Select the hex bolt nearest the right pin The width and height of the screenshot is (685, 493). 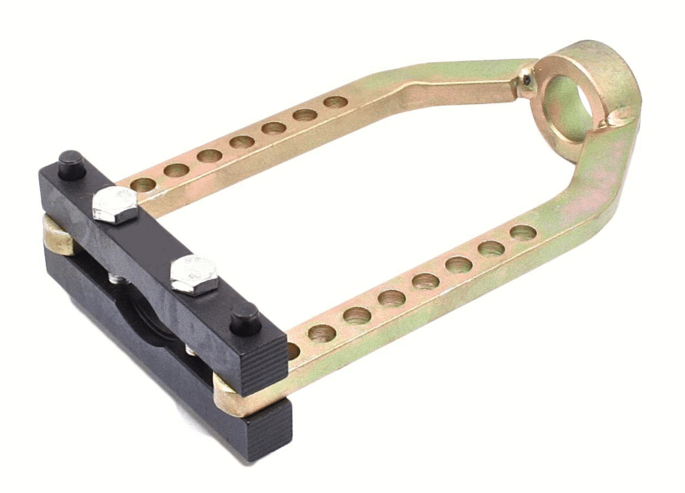pyautogui.click(x=194, y=274)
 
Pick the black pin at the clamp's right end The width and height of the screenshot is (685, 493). pyautogui.click(x=244, y=319)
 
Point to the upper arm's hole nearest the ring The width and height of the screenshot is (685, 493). pyautogui.click(x=335, y=103)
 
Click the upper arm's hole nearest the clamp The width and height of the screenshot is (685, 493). pyautogui.click(x=144, y=184)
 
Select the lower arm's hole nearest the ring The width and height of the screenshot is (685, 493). pyautogui.click(x=523, y=233)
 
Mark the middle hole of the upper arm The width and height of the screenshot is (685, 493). pyautogui.click(x=242, y=142)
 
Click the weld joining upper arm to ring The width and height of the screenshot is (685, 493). pyautogui.click(x=524, y=79)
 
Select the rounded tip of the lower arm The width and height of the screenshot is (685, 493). pyautogui.click(x=225, y=396)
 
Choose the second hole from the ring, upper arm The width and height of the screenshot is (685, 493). pyautogui.click(x=306, y=115)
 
